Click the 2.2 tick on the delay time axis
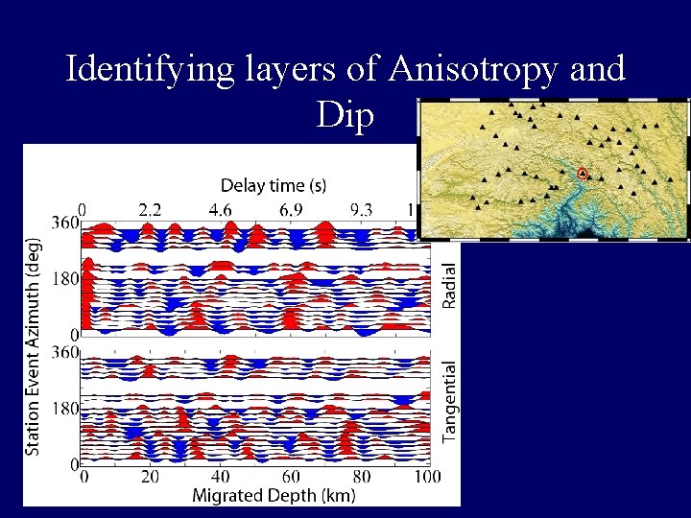click(x=150, y=209)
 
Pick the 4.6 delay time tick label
click(x=220, y=209)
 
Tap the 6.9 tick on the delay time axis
click(x=291, y=209)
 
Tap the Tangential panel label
click(x=449, y=402)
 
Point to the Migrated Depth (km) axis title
click(x=274, y=495)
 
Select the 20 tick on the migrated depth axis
click(x=150, y=477)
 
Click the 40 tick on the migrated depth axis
click(x=220, y=477)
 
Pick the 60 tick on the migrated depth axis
click(x=291, y=477)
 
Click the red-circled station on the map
click(x=582, y=174)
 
